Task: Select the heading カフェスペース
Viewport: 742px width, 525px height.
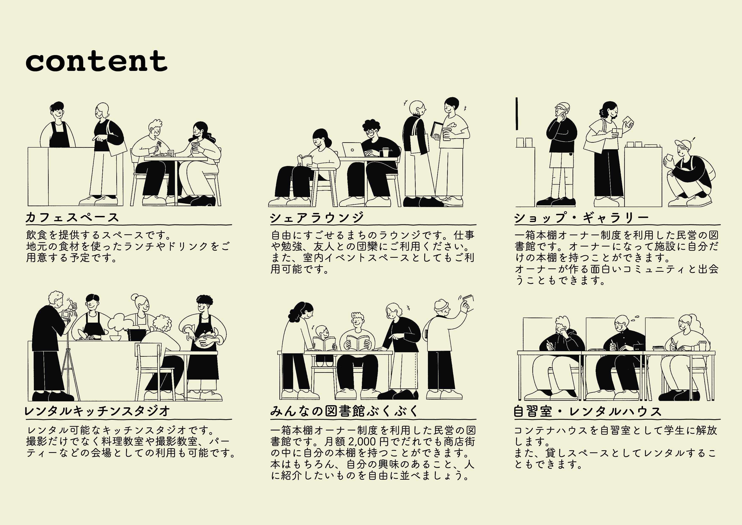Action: [x=72, y=217]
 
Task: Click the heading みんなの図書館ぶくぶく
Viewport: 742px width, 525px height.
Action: [x=344, y=411]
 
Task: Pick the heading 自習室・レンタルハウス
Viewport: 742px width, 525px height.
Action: [x=588, y=411]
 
